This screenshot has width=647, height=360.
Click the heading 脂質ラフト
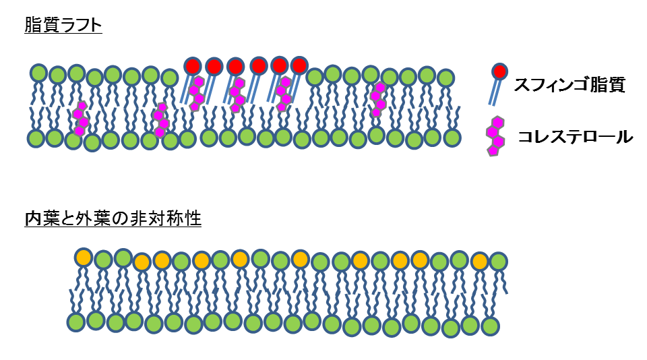(63, 26)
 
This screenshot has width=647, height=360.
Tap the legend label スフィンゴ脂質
(569, 85)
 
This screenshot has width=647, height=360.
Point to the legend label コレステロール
(575, 137)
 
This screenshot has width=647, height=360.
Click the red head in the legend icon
(499, 71)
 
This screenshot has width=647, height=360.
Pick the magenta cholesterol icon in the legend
(496, 136)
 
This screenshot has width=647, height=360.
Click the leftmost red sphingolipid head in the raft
(193, 66)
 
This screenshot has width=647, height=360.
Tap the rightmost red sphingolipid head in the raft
(299, 65)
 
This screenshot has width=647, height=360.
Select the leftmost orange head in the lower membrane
(84, 257)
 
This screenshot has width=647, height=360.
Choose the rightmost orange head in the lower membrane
(480, 261)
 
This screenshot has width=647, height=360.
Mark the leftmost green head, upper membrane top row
(38, 73)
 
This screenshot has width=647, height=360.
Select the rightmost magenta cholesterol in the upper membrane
(379, 98)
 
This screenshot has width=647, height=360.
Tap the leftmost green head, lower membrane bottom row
(75, 322)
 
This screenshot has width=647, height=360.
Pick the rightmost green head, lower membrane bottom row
(490, 326)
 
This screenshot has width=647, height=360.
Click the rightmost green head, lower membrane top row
(498, 261)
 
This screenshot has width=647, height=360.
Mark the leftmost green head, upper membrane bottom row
(36, 138)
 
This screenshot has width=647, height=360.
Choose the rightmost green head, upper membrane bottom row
(452, 138)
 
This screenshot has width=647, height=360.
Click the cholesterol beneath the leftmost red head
(195, 92)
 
